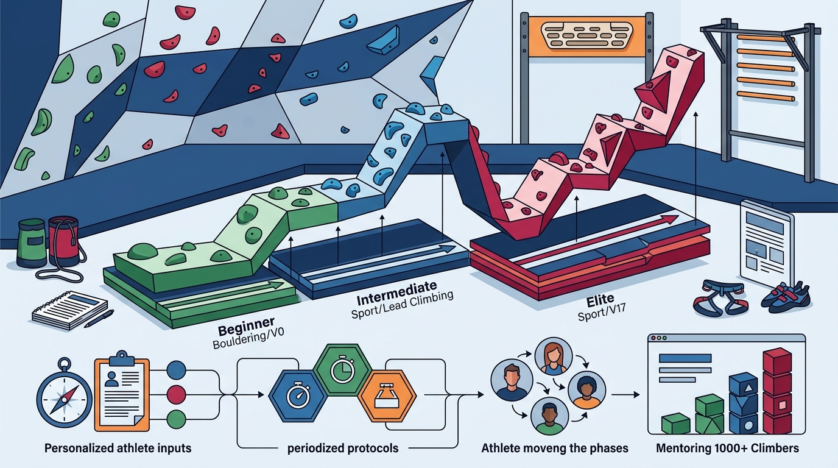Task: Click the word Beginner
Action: point(246,326)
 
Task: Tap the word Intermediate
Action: point(396,293)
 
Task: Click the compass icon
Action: point(65,395)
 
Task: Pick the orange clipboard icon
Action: point(122,391)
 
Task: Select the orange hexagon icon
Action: point(387,397)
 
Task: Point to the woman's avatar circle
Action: point(554,357)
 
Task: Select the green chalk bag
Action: point(32,241)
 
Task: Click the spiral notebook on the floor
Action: point(70,310)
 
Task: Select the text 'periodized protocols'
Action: point(343,448)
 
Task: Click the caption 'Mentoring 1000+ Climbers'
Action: point(727,448)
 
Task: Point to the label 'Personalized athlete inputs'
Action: point(118,448)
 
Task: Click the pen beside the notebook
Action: point(99,318)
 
